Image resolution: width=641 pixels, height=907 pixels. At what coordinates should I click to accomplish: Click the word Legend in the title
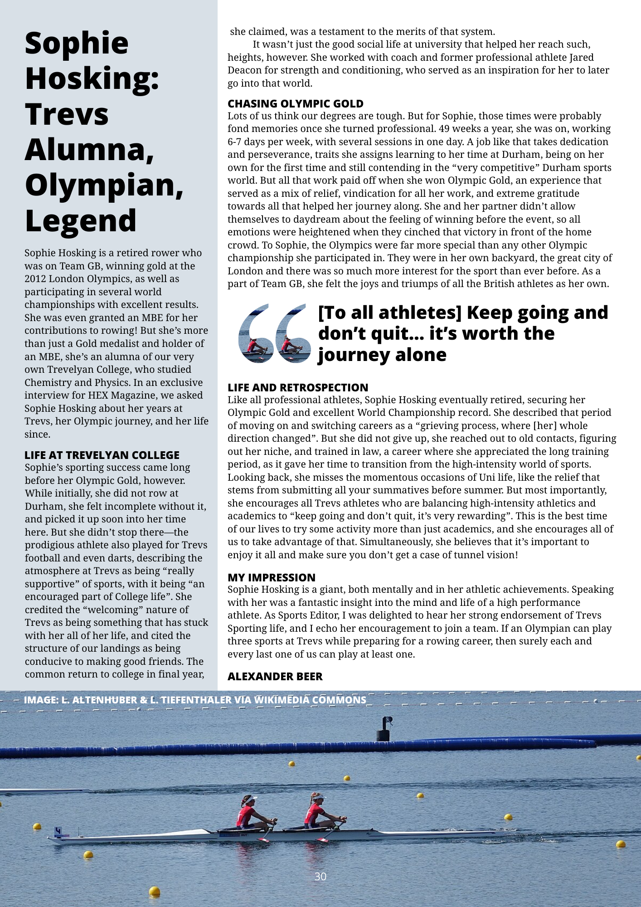click(x=81, y=221)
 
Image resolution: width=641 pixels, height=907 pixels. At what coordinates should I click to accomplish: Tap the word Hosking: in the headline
click(x=92, y=78)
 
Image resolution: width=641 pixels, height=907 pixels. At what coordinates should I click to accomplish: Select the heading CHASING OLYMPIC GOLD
click(x=295, y=104)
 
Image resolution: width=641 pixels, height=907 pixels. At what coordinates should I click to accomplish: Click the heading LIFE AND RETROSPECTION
click(x=298, y=388)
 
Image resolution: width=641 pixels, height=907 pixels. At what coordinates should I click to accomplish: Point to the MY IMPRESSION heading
click(x=271, y=577)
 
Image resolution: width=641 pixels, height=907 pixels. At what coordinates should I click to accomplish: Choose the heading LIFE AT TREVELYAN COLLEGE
click(x=102, y=455)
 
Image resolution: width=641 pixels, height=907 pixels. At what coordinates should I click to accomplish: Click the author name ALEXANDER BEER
click(x=275, y=676)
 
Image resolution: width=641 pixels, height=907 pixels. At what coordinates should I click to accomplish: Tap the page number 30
click(x=320, y=877)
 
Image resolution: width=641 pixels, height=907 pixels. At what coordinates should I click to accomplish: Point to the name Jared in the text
click(x=581, y=58)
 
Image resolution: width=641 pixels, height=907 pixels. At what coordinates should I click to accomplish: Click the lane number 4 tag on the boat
click(x=58, y=831)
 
